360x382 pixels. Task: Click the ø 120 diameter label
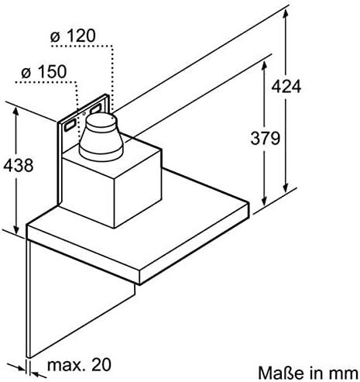point(73,36)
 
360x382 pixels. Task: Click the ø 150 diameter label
point(44,71)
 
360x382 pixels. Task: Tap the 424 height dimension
point(286,86)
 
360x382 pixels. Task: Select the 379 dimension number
point(266,138)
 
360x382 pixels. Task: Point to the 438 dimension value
point(19,165)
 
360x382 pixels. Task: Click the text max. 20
point(80,364)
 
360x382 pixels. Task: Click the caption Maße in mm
point(308,373)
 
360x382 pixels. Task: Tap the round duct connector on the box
point(101,136)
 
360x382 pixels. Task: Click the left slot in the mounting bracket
point(70,126)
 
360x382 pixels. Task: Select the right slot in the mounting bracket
point(96,108)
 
